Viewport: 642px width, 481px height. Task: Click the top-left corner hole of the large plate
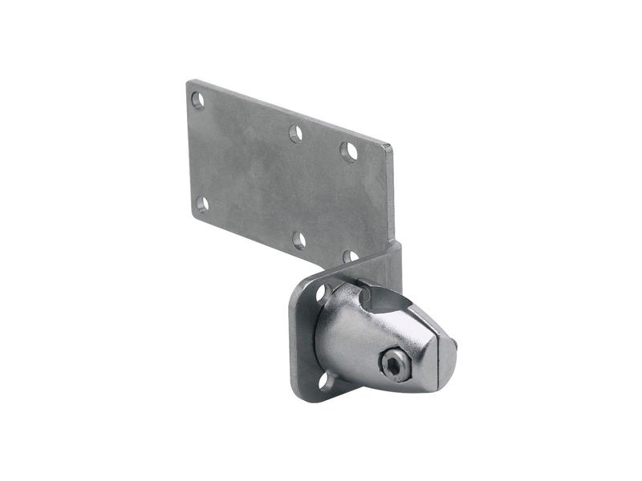tap(197, 100)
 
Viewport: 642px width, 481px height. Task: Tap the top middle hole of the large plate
tap(295, 133)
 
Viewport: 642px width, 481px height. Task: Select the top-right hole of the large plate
tap(348, 152)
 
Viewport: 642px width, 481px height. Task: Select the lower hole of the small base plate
tap(325, 379)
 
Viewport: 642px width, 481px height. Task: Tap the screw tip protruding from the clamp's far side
tap(455, 344)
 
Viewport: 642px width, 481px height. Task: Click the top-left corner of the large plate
tap(189, 81)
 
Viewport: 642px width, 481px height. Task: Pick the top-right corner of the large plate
tap(391, 145)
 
